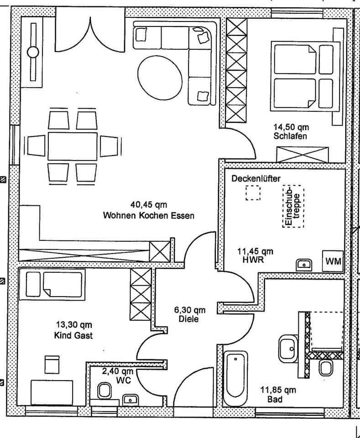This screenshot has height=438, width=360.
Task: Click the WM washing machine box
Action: click(332, 261)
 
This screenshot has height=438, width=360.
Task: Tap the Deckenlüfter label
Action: click(256, 178)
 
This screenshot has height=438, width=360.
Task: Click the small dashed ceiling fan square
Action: click(253, 193)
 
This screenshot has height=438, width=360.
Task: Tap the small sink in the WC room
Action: click(131, 399)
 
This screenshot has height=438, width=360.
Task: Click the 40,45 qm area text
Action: click(149, 205)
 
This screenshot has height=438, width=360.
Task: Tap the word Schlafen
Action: click(290, 136)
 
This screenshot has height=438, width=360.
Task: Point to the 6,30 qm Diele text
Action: click(189, 314)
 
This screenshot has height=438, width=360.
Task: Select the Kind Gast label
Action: click(73, 336)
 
